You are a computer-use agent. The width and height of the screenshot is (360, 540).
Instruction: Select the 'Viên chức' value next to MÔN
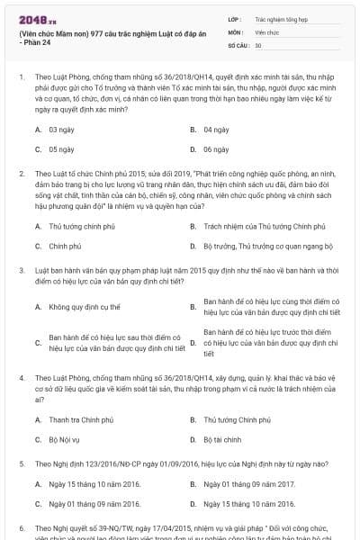(x=267, y=31)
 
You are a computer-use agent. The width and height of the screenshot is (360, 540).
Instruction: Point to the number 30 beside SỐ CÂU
(x=258, y=44)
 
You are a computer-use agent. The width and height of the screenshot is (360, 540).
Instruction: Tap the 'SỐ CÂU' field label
(x=238, y=44)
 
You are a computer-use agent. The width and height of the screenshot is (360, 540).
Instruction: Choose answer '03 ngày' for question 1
(x=60, y=130)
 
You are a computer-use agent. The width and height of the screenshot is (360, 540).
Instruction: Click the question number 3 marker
(x=22, y=269)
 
